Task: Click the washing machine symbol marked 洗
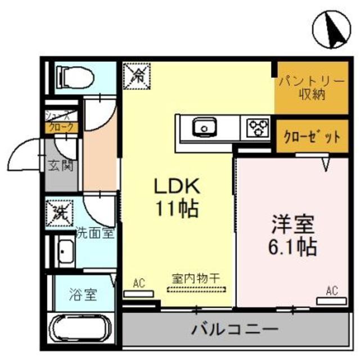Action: (x=60, y=212)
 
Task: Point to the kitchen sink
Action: (x=204, y=129)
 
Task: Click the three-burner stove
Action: (x=257, y=128)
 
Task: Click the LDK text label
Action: (x=175, y=188)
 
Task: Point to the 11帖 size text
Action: (x=175, y=209)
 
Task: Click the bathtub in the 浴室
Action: (x=80, y=327)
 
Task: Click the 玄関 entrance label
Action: (x=60, y=166)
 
